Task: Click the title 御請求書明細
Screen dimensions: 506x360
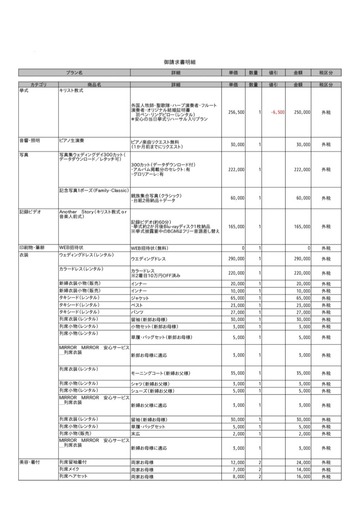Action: (x=180, y=62)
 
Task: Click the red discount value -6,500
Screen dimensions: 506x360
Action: (x=277, y=113)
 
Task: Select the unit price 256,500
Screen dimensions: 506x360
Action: (x=236, y=113)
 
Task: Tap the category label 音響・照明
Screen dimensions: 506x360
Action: (x=30, y=140)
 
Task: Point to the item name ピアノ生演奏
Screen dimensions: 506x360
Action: (x=72, y=140)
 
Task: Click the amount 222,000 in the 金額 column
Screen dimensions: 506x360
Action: (x=302, y=170)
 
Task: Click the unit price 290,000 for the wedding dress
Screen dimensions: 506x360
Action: (x=236, y=259)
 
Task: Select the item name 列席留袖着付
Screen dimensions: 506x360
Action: (x=74, y=462)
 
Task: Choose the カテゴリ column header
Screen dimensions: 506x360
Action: (x=38, y=85)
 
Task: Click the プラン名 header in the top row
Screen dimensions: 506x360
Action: (x=74, y=73)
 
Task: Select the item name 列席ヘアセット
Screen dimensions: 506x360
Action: (x=74, y=476)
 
